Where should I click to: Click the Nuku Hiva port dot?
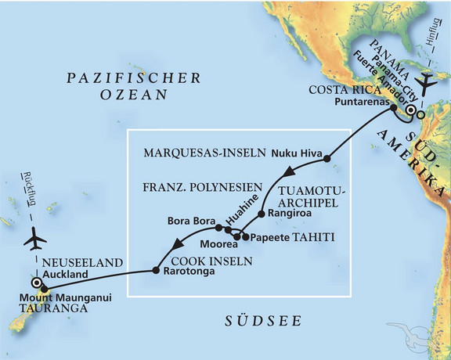(x=327, y=160)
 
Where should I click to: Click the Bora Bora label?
(x=190, y=221)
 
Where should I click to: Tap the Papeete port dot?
(x=246, y=236)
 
